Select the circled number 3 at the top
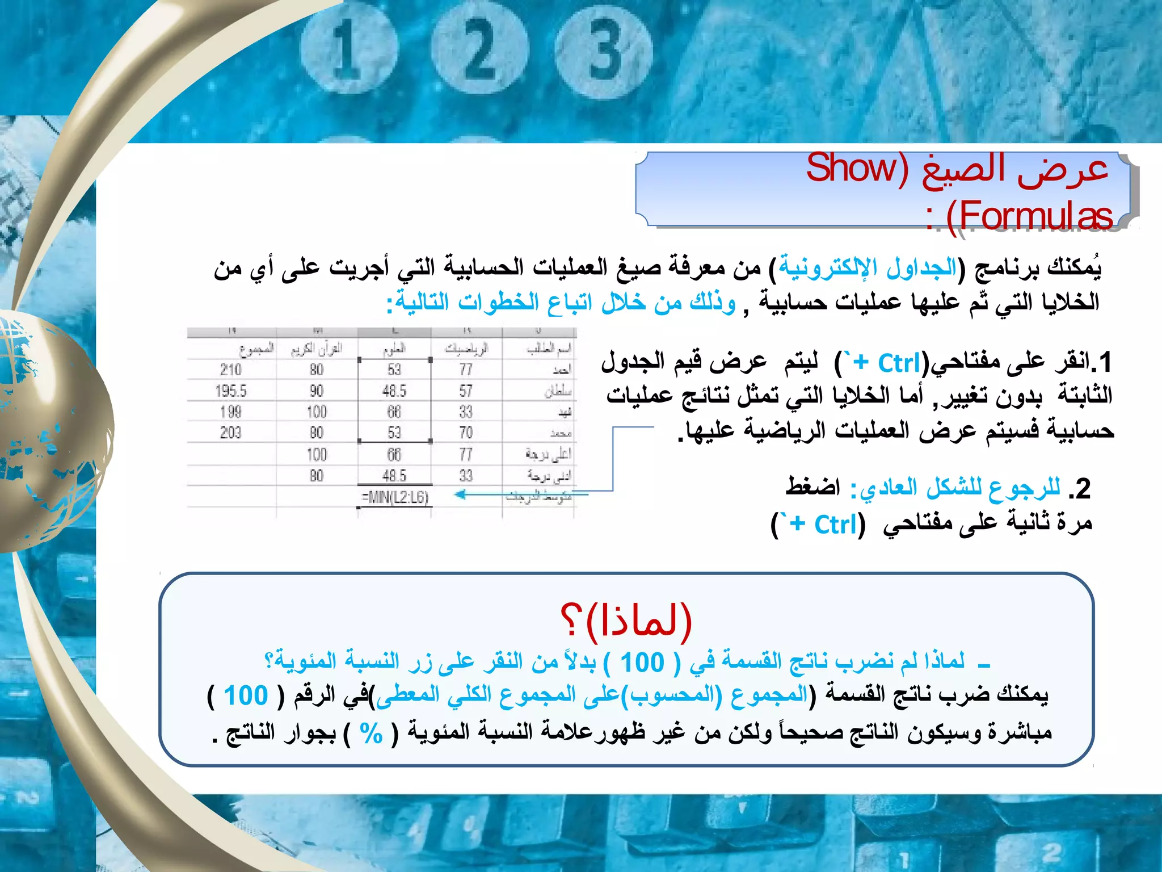click(605, 51)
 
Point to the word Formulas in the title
click(1029, 216)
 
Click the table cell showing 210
click(231, 370)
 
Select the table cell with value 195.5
click(231, 391)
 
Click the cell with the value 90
click(317, 391)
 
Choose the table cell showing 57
click(466, 391)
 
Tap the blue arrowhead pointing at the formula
click(461, 494)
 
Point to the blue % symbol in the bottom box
click(371, 733)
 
